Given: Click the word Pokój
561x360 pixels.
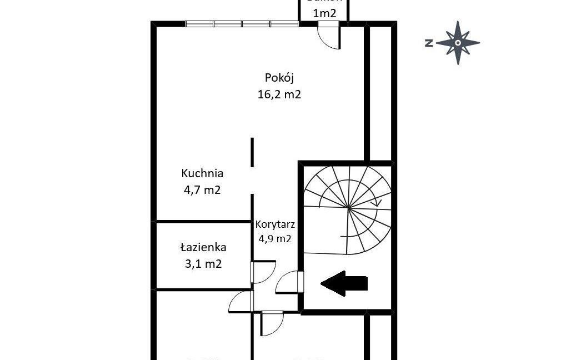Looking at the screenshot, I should coord(279,77).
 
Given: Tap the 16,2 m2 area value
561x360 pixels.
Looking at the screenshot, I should coord(279,94).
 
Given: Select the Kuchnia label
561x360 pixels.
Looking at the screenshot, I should coord(202,173).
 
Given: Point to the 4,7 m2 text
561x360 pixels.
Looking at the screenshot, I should coord(202,190).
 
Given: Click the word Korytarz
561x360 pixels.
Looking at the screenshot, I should coord(275,225).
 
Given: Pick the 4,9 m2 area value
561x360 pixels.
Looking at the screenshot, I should coord(275,239).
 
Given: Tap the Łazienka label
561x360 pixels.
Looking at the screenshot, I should coord(203,247).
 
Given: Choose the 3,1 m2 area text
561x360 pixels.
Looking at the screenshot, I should coord(203,264).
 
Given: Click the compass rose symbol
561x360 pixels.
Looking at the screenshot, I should coord(458,43).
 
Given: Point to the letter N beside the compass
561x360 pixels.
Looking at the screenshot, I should coord(429,43).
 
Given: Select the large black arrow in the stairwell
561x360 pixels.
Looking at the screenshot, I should coord(344,283).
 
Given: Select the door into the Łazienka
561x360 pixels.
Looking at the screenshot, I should coord(262,271).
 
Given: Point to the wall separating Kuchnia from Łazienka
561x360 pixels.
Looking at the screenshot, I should coord(203,222).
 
